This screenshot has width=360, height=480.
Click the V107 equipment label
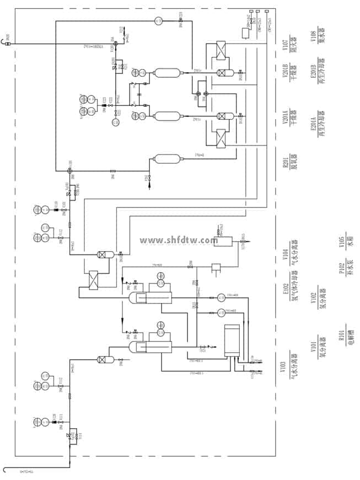point(285,43)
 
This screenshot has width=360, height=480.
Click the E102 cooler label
point(285,288)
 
